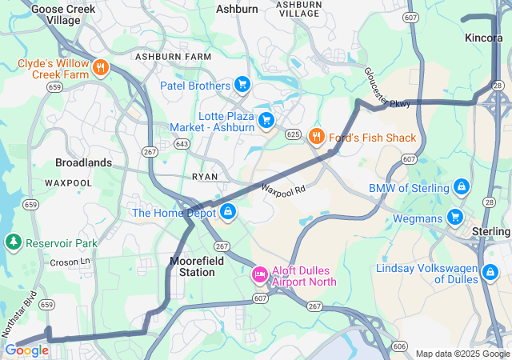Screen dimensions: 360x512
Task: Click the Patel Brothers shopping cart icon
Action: [x=242, y=85]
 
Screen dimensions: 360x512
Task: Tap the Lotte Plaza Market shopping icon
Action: [x=266, y=120]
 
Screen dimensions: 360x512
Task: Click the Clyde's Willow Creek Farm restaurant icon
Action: [x=101, y=68]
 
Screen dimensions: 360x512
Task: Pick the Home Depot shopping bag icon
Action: [x=228, y=212]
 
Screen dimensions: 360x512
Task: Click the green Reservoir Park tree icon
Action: [x=13, y=242]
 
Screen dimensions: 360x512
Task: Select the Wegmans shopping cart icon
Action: [x=455, y=217]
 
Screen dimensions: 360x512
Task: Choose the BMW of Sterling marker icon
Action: [x=461, y=188]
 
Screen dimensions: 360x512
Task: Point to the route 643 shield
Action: [x=182, y=144]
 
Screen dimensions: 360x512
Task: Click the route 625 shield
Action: [x=293, y=134]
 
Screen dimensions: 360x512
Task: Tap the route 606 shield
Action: [x=399, y=346]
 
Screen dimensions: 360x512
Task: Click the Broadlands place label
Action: [x=83, y=162]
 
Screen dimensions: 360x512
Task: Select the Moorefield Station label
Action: [x=192, y=266]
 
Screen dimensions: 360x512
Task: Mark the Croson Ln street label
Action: [x=70, y=262]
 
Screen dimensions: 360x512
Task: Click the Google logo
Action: [x=26, y=350]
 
